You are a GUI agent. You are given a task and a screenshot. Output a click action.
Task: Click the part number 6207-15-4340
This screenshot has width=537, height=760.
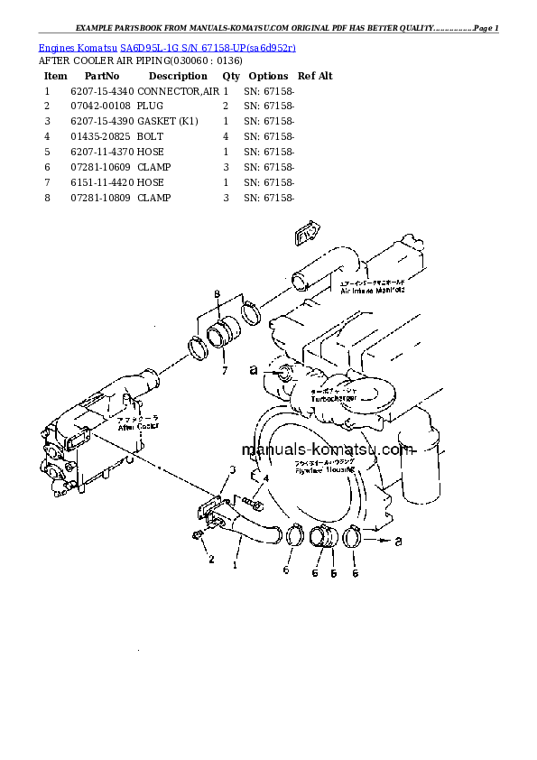click(x=101, y=91)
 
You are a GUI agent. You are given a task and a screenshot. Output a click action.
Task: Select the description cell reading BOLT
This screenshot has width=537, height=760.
click(x=151, y=136)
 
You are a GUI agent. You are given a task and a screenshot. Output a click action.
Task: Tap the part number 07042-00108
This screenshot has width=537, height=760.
click(x=101, y=107)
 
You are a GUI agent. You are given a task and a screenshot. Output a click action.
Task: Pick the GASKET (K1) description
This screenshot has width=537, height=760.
click(x=167, y=121)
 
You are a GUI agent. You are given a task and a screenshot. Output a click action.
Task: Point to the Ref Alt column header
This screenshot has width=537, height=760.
click(x=315, y=77)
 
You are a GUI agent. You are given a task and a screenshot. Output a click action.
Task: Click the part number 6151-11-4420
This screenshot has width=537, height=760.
click(x=101, y=182)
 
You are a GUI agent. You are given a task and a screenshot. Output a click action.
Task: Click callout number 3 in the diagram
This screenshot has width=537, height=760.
click(x=232, y=470)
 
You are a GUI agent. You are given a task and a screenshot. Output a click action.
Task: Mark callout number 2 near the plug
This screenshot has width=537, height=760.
click(x=211, y=560)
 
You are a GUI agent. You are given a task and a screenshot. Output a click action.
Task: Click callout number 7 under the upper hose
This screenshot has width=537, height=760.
click(x=226, y=370)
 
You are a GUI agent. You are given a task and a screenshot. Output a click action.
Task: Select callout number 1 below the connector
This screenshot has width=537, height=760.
click(x=236, y=566)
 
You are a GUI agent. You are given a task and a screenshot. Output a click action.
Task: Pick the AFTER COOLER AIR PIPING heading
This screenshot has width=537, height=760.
click(x=126, y=60)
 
